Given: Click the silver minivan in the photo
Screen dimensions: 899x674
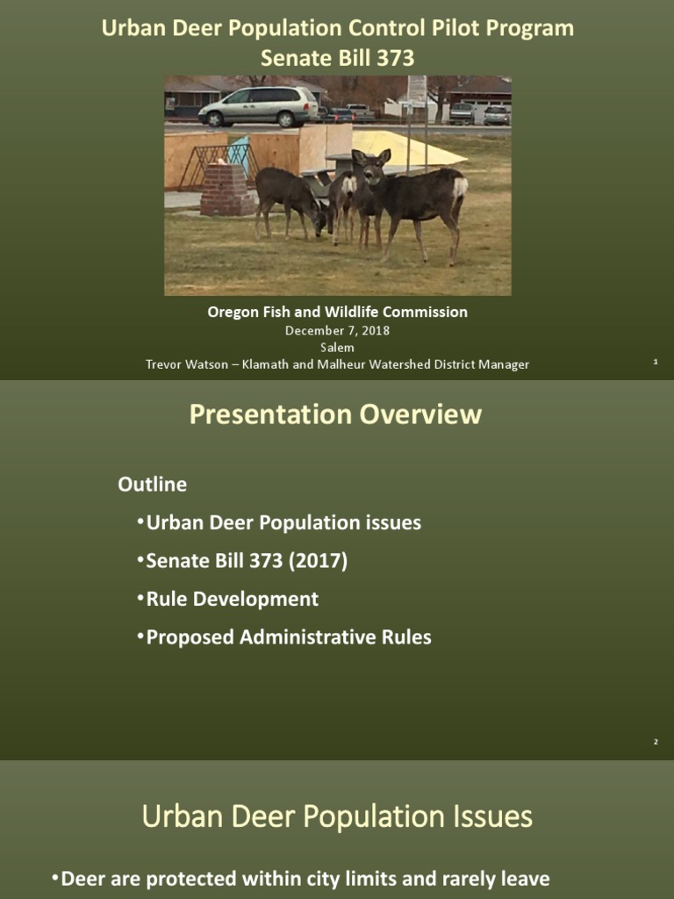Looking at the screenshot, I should (x=258, y=106).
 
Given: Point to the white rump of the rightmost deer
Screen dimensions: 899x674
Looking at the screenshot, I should (x=458, y=185).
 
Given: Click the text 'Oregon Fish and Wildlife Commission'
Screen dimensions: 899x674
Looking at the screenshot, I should (x=337, y=312).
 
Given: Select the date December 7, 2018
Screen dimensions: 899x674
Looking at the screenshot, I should (x=337, y=331).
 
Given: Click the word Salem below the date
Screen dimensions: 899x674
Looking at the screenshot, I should (x=337, y=348).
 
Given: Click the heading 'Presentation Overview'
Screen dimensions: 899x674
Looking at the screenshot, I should (x=336, y=414).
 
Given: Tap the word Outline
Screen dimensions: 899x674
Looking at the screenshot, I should (x=153, y=485).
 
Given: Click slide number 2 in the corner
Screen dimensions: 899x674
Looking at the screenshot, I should (x=655, y=743).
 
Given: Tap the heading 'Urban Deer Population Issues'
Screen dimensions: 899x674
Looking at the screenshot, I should (x=337, y=816).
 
